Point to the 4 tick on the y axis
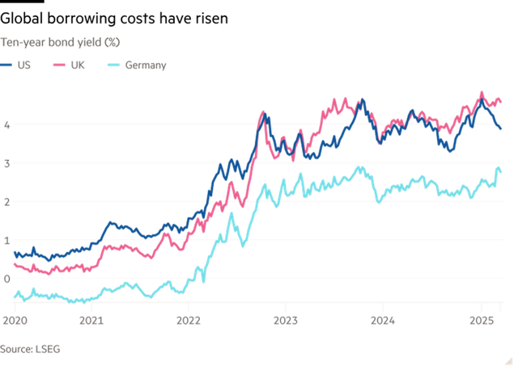6,124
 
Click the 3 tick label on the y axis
6,163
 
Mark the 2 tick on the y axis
6,202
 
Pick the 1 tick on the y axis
6,240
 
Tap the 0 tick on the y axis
6,279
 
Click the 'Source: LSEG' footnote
30,348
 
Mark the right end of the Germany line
502,169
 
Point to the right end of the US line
503,128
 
